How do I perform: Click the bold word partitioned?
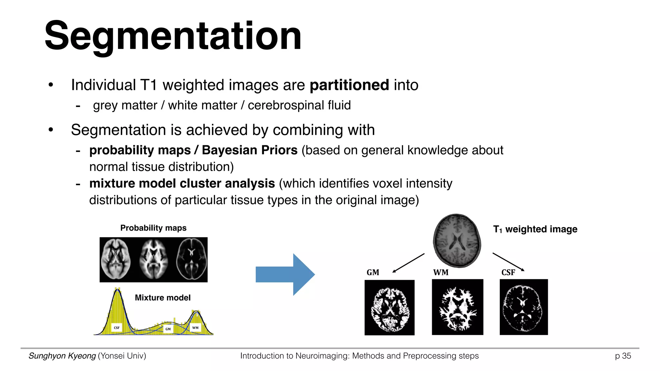pyautogui.click(x=349, y=85)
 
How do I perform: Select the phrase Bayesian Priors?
pyautogui.click(x=249, y=150)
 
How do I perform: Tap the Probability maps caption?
pyautogui.click(x=153, y=228)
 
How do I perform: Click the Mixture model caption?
pyautogui.click(x=162, y=298)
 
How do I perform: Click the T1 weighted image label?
pyautogui.click(x=535, y=229)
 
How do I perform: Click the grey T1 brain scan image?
pyautogui.click(x=457, y=240)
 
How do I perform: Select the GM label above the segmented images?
pyautogui.click(x=373, y=272)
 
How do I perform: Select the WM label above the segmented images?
pyautogui.click(x=441, y=272)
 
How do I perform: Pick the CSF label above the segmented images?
pyautogui.click(x=508, y=272)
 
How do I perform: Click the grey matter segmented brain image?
pyautogui.click(x=389, y=308)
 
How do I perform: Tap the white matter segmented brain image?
pyautogui.click(x=457, y=307)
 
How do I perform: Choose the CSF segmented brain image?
pyautogui.click(x=524, y=307)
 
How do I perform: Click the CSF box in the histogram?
pyautogui.click(x=117, y=328)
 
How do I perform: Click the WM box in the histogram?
pyautogui.click(x=195, y=328)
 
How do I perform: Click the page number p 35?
pyautogui.click(x=623, y=356)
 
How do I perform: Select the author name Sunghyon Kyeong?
pyautogui.click(x=62, y=356)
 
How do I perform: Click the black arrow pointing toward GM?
pyautogui.click(x=408, y=263)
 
